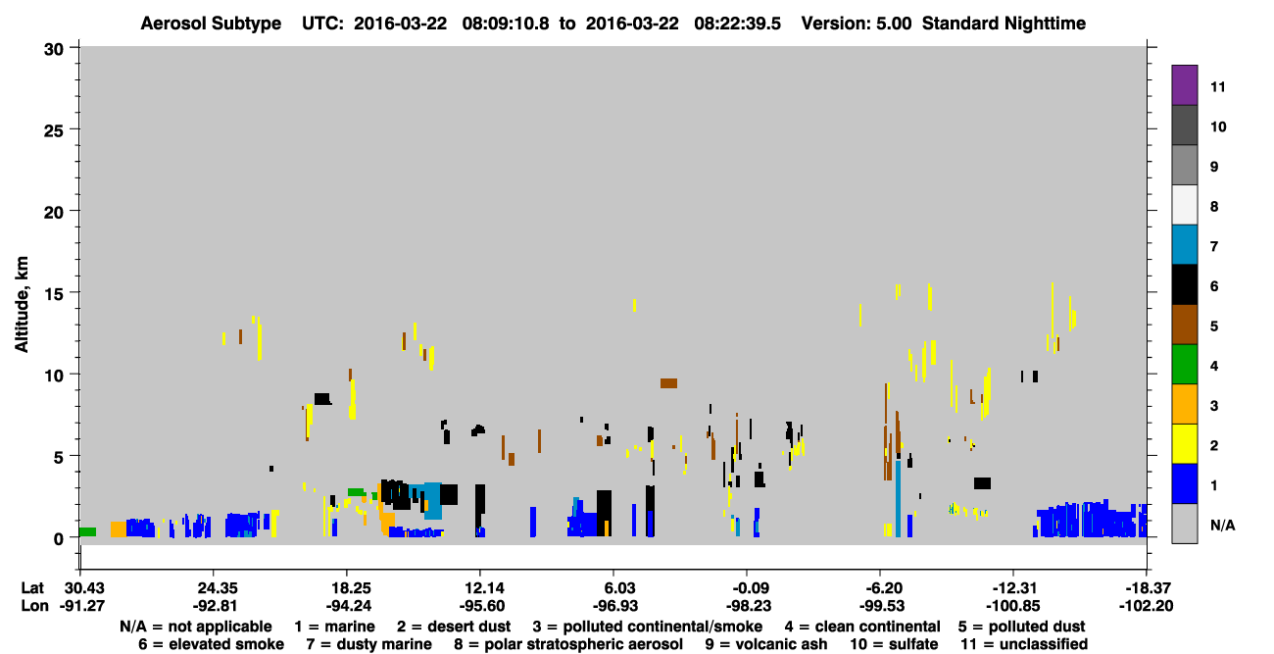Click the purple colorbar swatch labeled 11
(1184, 84)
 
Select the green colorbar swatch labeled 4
(1184, 365)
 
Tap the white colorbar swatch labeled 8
(1184, 205)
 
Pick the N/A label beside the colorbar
(1222, 525)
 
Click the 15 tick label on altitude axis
(54, 294)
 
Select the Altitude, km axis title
(21, 304)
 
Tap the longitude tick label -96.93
(614, 606)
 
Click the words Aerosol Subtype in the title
(211, 24)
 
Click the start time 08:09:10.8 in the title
(506, 24)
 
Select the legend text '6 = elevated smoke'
(211, 644)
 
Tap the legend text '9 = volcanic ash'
(766, 644)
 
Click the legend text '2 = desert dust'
(454, 627)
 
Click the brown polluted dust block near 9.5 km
(668, 383)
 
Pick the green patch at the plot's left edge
(87, 531)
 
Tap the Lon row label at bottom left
(34, 606)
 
